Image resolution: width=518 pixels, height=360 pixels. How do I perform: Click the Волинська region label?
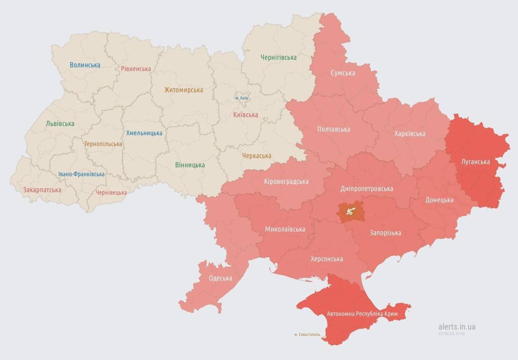click(x=85, y=65)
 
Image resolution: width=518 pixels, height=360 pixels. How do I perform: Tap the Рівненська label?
click(x=136, y=69)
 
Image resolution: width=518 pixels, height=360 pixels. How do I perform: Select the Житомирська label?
click(x=183, y=90)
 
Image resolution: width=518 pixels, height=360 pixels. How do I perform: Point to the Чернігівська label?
click(x=278, y=57)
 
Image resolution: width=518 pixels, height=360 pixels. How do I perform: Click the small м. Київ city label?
click(x=242, y=98)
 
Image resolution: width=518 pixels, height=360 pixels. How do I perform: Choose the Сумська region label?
click(x=343, y=73)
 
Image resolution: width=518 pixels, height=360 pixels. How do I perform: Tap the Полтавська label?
click(x=333, y=129)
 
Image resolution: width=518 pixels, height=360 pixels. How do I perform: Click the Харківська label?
click(x=410, y=134)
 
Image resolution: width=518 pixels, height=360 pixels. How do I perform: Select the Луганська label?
click(x=475, y=162)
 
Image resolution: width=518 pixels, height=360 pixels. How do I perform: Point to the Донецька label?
click(x=439, y=200)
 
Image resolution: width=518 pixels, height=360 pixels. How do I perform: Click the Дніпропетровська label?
click(x=366, y=189)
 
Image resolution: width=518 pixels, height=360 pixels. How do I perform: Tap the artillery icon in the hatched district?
click(x=351, y=212)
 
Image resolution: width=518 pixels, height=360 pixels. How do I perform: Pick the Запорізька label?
click(x=385, y=233)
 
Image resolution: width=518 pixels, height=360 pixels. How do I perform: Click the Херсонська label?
click(x=327, y=259)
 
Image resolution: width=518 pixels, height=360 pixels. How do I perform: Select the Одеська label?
click(x=220, y=278)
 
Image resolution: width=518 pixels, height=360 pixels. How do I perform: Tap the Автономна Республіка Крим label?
click(x=362, y=313)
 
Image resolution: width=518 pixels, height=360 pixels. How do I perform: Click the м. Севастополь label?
click(x=307, y=335)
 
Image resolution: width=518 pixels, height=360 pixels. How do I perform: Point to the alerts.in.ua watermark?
click(x=456, y=327)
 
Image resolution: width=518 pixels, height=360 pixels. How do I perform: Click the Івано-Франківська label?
click(x=82, y=174)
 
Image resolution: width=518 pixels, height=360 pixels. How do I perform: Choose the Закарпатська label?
click(x=42, y=190)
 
